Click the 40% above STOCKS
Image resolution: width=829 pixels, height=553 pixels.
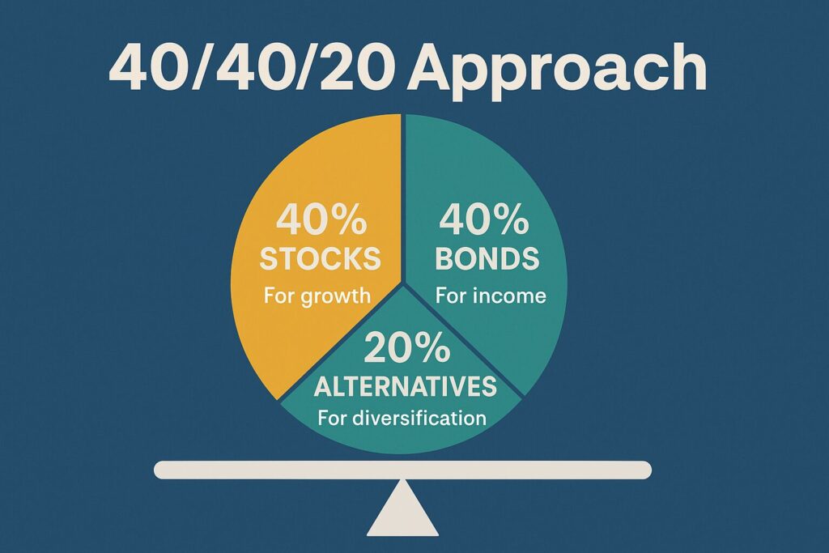(x=321, y=219)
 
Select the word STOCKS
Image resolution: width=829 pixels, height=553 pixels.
(x=321, y=258)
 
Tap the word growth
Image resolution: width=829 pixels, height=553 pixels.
(x=336, y=296)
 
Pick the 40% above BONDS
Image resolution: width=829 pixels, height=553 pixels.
(x=484, y=219)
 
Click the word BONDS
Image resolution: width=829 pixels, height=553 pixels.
(x=487, y=258)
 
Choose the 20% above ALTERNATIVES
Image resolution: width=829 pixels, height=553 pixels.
(x=406, y=347)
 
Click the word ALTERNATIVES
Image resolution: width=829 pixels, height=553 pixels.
(x=406, y=386)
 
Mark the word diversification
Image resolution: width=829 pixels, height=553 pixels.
(x=419, y=418)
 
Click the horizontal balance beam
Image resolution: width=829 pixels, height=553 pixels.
(x=403, y=470)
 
